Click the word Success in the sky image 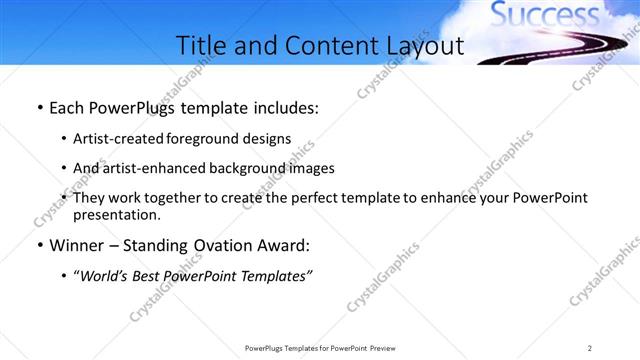point(544,15)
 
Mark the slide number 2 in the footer point(590,348)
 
